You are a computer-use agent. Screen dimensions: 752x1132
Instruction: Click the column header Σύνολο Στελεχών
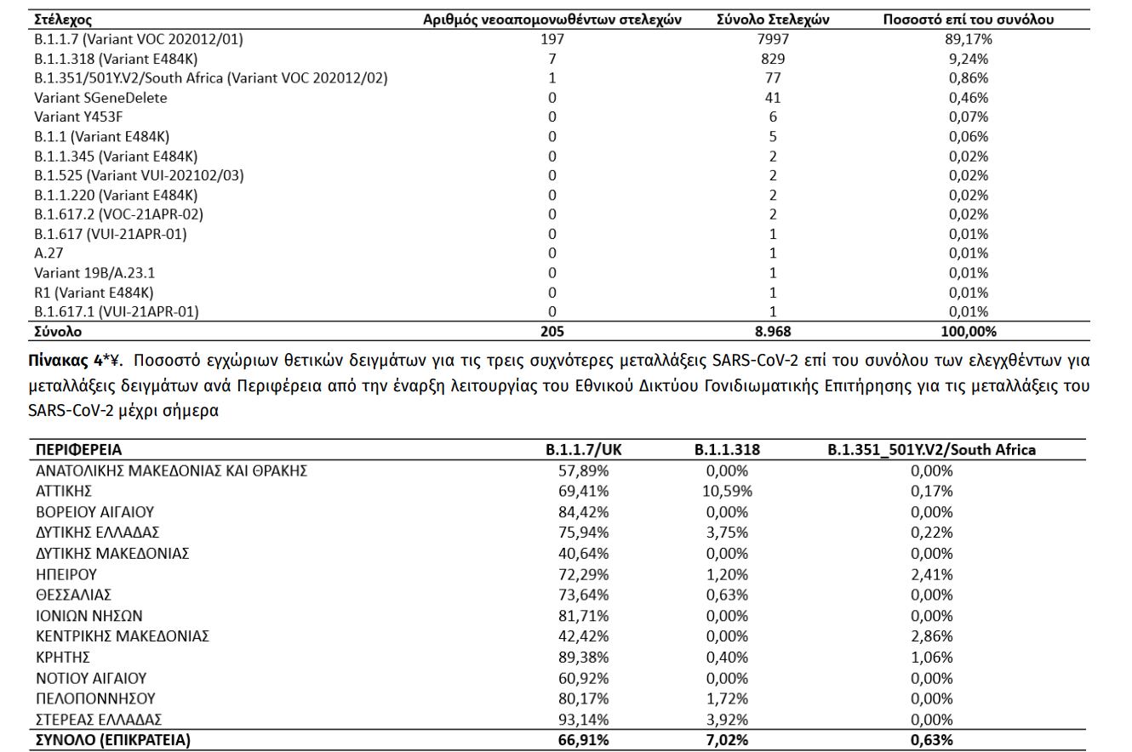(x=774, y=19)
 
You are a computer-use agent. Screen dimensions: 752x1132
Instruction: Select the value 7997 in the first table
(x=774, y=39)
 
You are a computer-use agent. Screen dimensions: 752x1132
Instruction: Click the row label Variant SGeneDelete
(x=100, y=98)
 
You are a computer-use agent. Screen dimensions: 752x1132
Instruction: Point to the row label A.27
(x=49, y=254)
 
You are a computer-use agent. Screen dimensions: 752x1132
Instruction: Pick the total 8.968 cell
(x=774, y=331)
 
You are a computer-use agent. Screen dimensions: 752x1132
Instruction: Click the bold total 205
(x=552, y=331)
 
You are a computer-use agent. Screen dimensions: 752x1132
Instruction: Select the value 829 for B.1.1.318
(x=774, y=59)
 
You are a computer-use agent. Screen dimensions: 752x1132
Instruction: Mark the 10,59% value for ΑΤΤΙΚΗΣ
(x=728, y=491)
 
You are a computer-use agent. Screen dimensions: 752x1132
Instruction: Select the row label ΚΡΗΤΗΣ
(x=62, y=657)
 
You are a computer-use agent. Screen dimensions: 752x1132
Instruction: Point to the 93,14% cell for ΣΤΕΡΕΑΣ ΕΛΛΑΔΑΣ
(x=586, y=719)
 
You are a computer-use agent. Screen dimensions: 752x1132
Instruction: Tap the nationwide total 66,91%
(x=586, y=740)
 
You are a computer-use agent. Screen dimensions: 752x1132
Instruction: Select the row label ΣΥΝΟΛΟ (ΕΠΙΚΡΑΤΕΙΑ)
(x=112, y=740)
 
